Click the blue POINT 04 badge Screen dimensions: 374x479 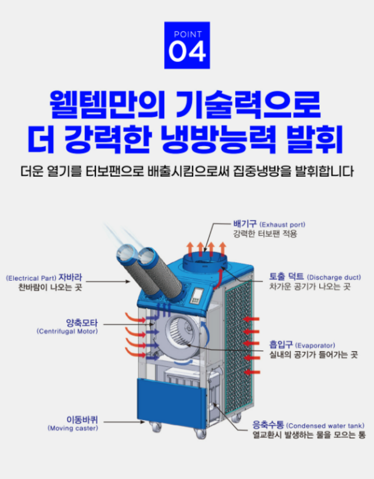pyautogui.click(x=187, y=45)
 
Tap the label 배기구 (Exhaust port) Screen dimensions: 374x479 pyautogui.click(x=269, y=224)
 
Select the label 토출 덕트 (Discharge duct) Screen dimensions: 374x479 pyautogui.click(x=315, y=277)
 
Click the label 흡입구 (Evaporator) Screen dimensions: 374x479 pyautogui.click(x=302, y=345)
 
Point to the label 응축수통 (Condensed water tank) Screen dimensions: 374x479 pyautogui.click(x=308, y=425)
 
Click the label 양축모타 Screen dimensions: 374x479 pyautogui.click(x=82, y=323)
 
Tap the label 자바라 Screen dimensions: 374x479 pyautogui.click(x=70, y=277)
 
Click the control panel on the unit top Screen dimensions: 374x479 pyautogui.click(x=197, y=296)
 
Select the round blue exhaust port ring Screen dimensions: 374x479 pyautogui.click(x=205, y=262)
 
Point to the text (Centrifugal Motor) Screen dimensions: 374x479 pyautogui.click(x=67, y=331)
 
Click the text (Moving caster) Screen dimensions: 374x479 pyautogui.click(x=73, y=428)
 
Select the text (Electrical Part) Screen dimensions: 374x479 pyautogui.click(x=31, y=278)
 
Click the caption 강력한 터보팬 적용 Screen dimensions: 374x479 pyautogui.click(x=265, y=234)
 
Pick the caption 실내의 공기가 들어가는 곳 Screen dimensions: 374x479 pyautogui.click(x=313, y=354)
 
